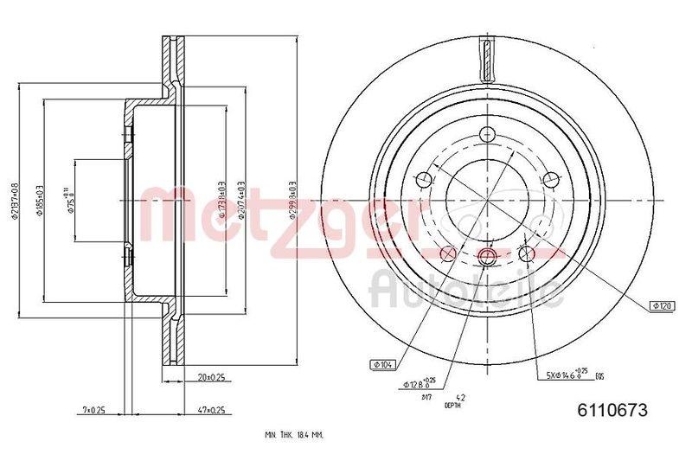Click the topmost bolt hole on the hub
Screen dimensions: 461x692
pos(486,135)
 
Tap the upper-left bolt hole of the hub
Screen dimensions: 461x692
pos(423,179)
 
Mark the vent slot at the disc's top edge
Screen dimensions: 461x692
pos(487,61)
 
